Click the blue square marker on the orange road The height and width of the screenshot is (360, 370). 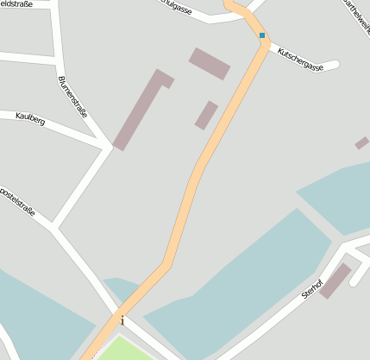pos(261,35)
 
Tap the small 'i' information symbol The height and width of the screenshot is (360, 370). pos(122,320)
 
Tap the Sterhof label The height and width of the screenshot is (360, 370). pos(311,288)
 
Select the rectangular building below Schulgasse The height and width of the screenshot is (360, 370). pos(210,63)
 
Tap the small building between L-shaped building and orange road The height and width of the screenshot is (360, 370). pos(206,115)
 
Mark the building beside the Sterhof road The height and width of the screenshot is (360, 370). pos(335,281)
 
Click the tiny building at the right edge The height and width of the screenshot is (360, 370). pos(362,142)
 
